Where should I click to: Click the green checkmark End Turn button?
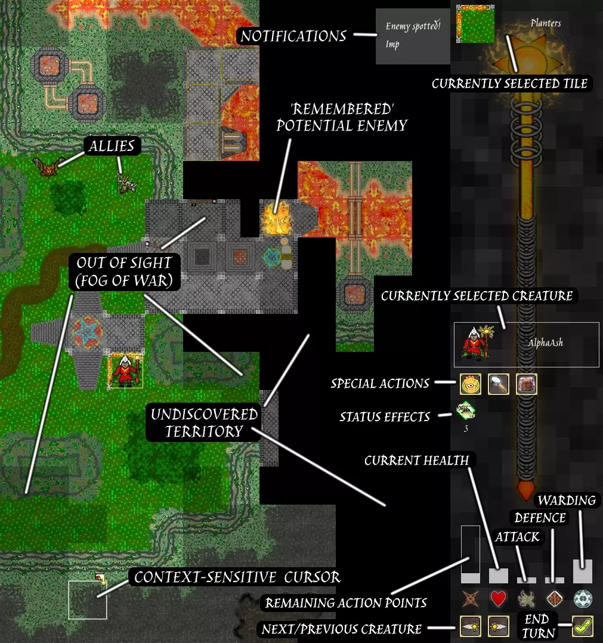[582, 626]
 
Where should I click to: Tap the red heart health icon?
[498, 598]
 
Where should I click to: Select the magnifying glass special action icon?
[498, 384]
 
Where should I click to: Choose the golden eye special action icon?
[471, 384]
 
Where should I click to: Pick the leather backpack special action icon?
[527, 384]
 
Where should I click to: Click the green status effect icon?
[465, 411]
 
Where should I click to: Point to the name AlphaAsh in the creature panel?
[545, 343]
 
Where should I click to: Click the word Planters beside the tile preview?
[545, 23]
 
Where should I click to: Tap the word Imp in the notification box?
[392, 44]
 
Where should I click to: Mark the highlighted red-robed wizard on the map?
[125, 370]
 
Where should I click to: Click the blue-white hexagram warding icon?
[582, 598]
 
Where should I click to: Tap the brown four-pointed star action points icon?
[470, 598]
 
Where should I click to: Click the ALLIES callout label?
[112, 146]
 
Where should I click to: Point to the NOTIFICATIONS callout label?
[293, 36]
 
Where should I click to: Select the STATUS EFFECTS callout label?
[385, 416]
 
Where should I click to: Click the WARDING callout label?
[567, 500]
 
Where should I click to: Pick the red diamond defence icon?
[554, 598]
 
